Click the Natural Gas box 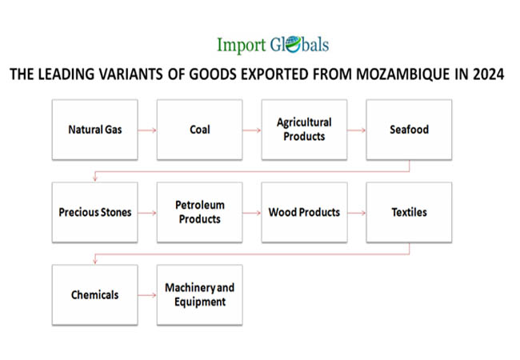(95, 130)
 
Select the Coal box (200, 130)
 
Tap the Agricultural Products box (305, 130)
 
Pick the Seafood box (410, 130)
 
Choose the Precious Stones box (95, 212)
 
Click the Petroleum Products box (200, 212)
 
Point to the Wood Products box (305, 212)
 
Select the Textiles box (410, 212)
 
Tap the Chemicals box (95, 294)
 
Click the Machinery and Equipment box (200, 294)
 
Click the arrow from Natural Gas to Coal (147, 130)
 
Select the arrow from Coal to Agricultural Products (252, 130)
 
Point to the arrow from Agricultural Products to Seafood (357, 130)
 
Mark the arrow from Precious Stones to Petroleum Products (147, 213)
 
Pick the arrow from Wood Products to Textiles (357, 213)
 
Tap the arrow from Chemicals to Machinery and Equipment (147, 295)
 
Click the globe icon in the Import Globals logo (293, 45)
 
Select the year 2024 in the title (489, 74)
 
